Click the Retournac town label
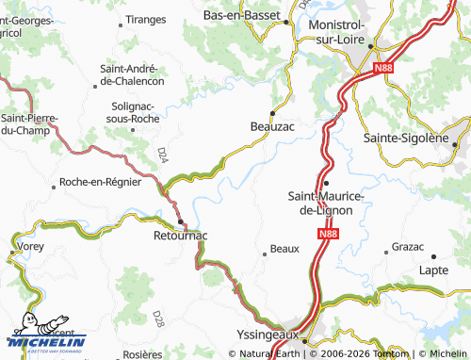point(180,237)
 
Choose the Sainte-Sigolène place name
point(405,139)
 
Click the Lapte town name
point(433,270)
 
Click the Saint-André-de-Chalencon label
point(132,74)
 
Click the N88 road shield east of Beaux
point(326,233)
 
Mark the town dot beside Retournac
point(180,222)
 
